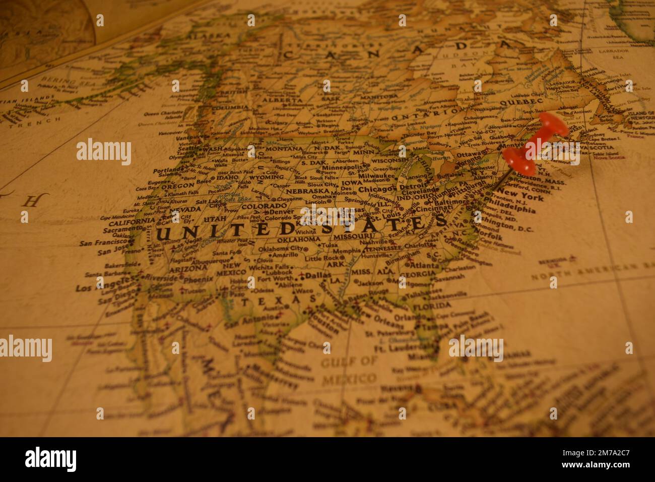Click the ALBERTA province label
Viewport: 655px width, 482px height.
(x=286, y=100)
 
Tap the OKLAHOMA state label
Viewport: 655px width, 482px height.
(x=299, y=238)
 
